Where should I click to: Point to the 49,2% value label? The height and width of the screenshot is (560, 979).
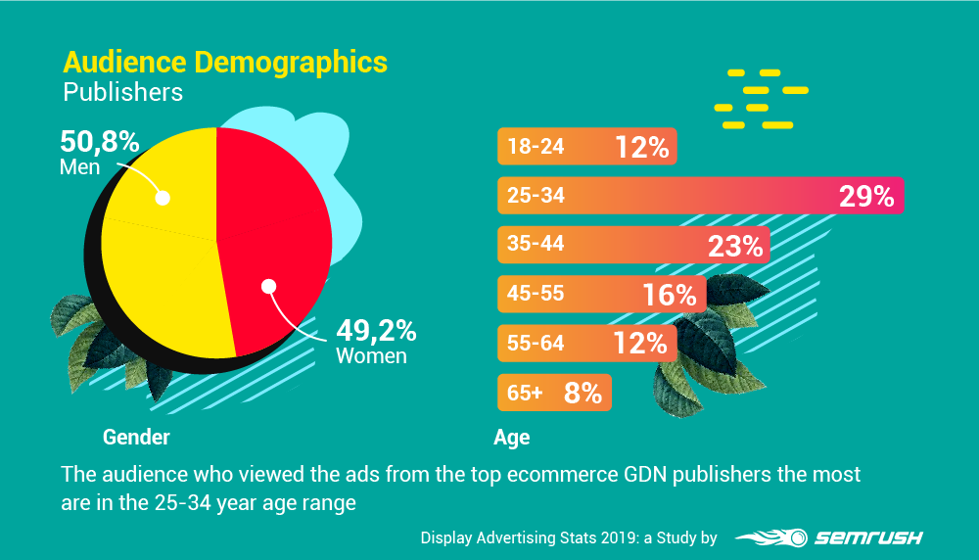pyautogui.click(x=376, y=330)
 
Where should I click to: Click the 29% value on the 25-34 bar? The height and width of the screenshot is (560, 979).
pyautogui.click(x=866, y=197)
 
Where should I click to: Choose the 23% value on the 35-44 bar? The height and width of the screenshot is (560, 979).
pyautogui.click(x=735, y=246)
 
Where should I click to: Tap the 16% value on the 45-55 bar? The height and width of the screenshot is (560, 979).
pyautogui.click(x=669, y=295)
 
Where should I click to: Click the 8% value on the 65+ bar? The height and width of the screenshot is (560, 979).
pyautogui.click(x=583, y=393)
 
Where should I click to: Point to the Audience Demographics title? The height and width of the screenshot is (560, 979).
pyautogui.click(x=225, y=63)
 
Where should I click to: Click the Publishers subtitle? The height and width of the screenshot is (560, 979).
pyautogui.click(x=123, y=93)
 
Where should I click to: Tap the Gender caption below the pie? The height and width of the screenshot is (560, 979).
pyautogui.click(x=136, y=437)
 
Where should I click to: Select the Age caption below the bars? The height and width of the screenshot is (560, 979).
pyautogui.click(x=511, y=438)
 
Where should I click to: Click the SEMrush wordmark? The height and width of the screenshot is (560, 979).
pyautogui.click(x=862, y=537)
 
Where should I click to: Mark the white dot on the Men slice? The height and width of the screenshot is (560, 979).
pyautogui.click(x=163, y=198)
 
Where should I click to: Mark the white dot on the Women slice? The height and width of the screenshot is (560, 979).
pyautogui.click(x=269, y=287)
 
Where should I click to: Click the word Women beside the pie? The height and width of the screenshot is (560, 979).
pyautogui.click(x=371, y=355)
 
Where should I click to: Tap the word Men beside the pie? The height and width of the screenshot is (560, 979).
pyautogui.click(x=80, y=167)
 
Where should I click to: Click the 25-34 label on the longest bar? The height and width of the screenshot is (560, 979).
pyautogui.click(x=536, y=197)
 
